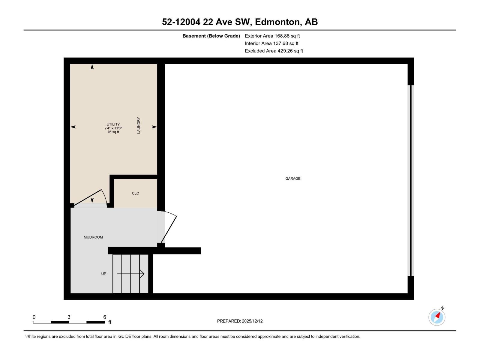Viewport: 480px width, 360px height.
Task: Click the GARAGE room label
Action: (x=292, y=178)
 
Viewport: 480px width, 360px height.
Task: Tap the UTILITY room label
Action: (x=113, y=124)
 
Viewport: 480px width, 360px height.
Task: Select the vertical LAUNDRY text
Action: (x=139, y=125)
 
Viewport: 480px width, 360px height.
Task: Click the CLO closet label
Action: (x=135, y=193)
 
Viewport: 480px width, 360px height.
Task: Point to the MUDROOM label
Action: (x=93, y=237)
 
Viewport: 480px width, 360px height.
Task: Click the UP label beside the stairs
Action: (x=103, y=274)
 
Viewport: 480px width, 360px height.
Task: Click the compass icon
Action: (x=437, y=317)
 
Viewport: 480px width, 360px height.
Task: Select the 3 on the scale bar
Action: (x=69, y=317)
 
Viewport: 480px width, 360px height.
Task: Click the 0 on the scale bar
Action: (x=34, y=317)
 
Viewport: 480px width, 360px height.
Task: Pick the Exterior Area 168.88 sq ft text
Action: (x=272, y=36)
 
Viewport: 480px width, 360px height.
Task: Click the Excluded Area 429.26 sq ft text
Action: (x=274, y=51)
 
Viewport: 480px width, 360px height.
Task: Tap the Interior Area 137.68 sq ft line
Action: (x=271, y=43)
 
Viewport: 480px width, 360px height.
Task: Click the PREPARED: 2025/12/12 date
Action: (x=240, y=321)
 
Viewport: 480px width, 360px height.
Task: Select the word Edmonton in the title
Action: (x=277, y=22)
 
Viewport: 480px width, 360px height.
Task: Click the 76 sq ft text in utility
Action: (x=113, y=132)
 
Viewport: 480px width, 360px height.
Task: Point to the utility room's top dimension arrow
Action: (x=92, y=67)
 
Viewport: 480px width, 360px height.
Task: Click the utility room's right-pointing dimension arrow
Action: (x=154, y=127)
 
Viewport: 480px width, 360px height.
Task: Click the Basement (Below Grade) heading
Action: (x=211, y=36)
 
